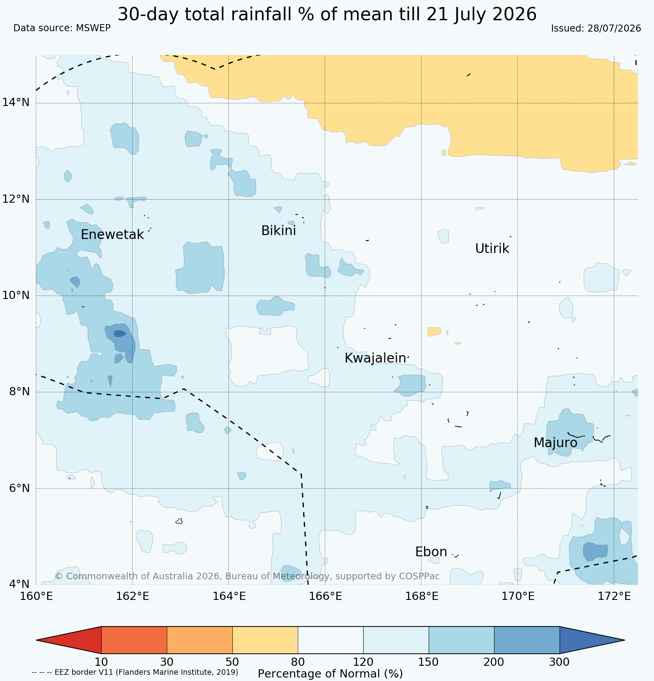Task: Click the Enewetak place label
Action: (112, 235)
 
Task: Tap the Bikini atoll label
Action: (278, 231)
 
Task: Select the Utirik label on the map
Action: (492, 248)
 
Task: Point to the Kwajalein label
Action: (375, 358)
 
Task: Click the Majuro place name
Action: (555, 442)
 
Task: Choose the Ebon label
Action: (431, 552)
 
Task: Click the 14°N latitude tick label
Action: (16, 103)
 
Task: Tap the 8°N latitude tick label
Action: (19, 391)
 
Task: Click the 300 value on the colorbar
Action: (559, 662)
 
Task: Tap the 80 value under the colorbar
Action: (298, 662)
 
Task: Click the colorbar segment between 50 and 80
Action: (265, 640)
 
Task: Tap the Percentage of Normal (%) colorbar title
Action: (330, 674)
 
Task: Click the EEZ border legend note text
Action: (135, 672)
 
